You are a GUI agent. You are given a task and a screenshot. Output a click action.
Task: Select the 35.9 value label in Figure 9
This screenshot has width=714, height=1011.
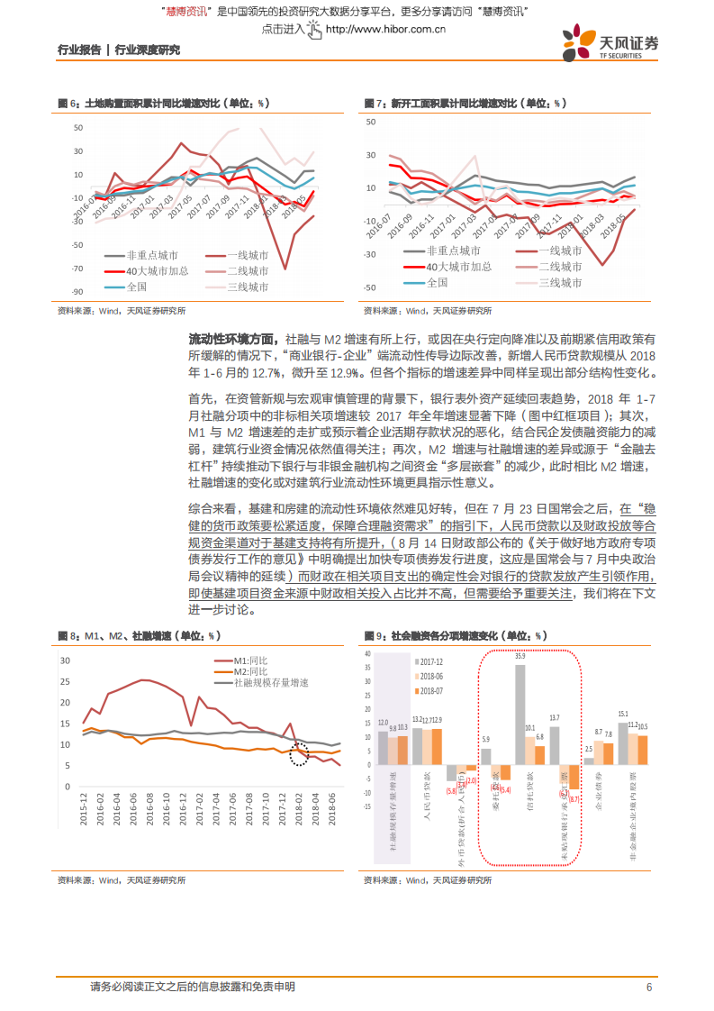pyautogui.click(x=520, y=656)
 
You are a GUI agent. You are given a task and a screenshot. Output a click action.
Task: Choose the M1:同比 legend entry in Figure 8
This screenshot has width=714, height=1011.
pyautogui.click(x=252, y=660)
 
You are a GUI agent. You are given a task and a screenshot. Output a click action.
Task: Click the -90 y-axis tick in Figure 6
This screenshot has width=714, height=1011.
pyautogui.click(x=78, y=291)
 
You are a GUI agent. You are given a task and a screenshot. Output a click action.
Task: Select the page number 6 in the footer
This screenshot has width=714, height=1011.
pyautogui.click(x=647, y=987)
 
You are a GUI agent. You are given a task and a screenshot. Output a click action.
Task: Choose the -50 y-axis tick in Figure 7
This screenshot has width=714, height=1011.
pyautogui.click(x=369, y=287)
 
